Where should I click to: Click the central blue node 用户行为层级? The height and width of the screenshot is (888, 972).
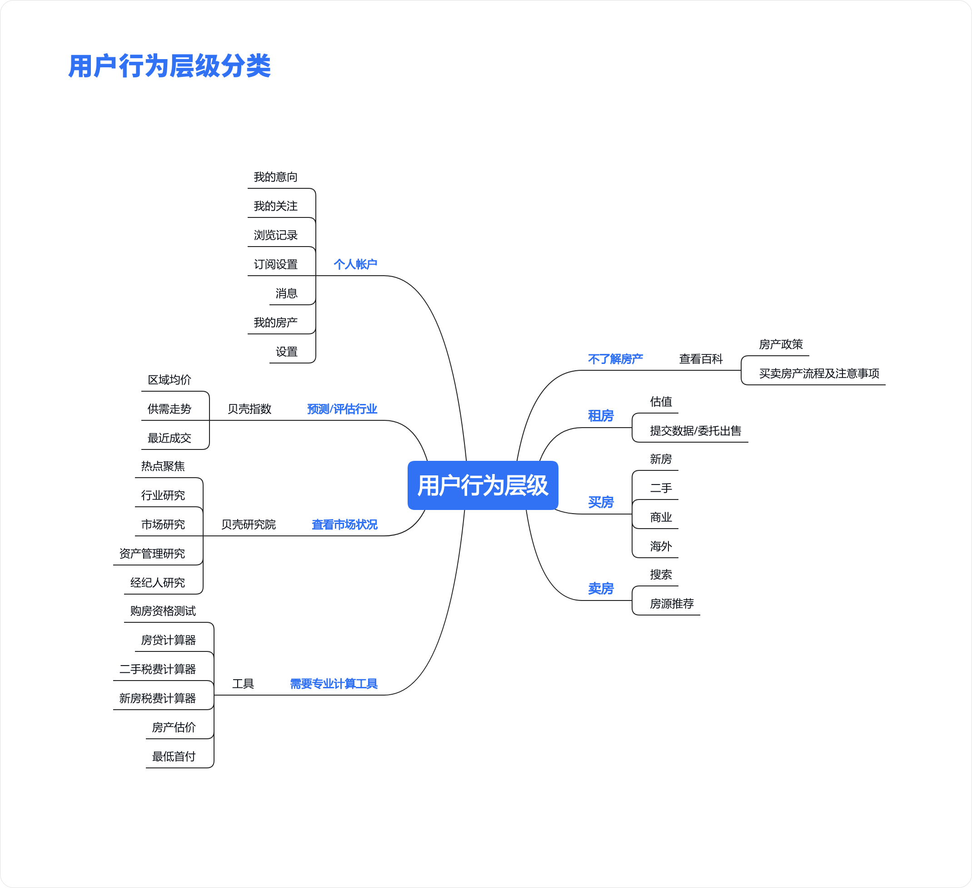pos(483,485)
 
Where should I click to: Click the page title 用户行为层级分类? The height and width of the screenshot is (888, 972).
pos(169,66)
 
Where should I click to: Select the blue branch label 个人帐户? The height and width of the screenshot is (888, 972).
pos(355,264)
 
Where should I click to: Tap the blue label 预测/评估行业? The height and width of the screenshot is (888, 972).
pos(342,409)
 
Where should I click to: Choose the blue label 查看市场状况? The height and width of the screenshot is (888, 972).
pos(344,524)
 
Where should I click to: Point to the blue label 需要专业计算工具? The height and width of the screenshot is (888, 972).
pos(333,683)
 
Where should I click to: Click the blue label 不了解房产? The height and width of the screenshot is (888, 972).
pos(615,358)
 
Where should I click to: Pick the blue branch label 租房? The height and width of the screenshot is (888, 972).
pos(601,415)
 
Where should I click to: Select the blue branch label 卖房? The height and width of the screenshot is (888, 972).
pos(601,588)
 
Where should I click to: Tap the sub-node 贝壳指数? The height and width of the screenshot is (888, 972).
pos(249,409)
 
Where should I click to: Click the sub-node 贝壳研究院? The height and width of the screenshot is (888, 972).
pos(248,524)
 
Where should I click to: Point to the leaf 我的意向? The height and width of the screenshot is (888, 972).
pos(275,177)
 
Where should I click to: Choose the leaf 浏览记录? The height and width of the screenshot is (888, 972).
pos(275,235)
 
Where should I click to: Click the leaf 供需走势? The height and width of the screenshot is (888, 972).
pos(169,409)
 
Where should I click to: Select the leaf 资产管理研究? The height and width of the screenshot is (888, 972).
pos(152,553)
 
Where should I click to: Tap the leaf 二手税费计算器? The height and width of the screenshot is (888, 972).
pos(158,669)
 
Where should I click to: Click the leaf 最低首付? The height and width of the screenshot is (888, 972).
pos(174,756)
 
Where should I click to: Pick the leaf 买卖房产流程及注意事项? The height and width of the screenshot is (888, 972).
pos(819,373)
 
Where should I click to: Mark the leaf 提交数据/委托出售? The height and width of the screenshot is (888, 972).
pos(695,430)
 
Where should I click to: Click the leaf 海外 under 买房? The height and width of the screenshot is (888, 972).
pos(661,546)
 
